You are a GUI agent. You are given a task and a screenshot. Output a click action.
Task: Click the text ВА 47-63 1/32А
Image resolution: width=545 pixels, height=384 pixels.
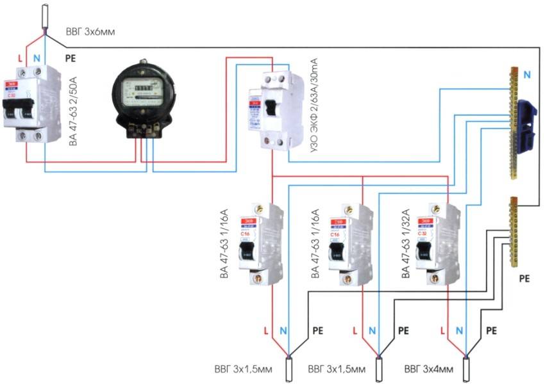pyautogui.click(x=406, y=244)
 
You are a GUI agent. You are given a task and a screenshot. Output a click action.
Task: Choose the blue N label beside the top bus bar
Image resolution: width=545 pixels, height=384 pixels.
pyautogui.click(x=526, y=75)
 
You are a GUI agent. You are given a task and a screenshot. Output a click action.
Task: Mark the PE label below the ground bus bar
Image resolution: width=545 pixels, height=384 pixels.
pyautogui.click(x=524, y=280)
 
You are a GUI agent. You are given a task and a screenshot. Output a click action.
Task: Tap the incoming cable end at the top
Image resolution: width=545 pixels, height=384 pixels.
pyautogui.click(x=46, y=17)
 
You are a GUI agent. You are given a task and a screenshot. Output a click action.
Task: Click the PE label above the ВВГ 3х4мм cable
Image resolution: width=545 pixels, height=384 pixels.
pyautogui.click(x=492, y=331)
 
